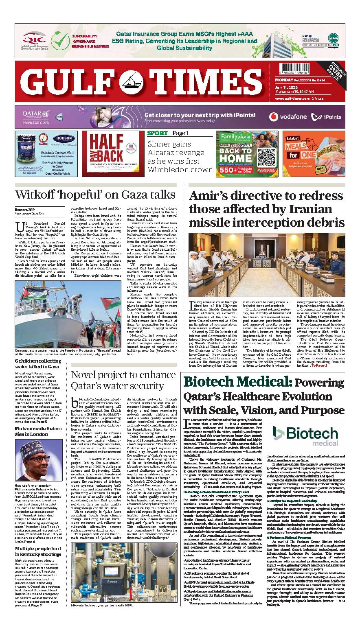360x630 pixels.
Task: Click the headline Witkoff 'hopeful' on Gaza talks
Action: pos(95,194)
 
